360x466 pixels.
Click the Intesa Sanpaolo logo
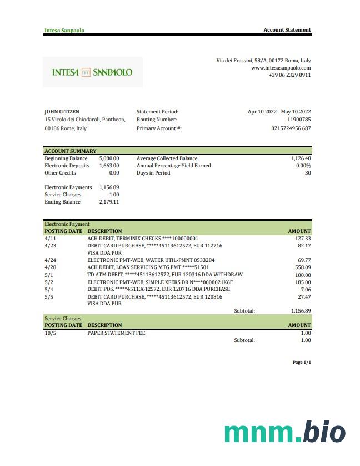tap(92, 72)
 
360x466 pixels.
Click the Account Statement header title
tap(287, 30)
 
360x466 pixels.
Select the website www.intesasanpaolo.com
tap(281, 68)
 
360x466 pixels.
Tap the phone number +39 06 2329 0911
tap(289, 75)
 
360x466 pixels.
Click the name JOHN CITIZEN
tap(62, 112)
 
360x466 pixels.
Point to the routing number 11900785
tap(299, 120)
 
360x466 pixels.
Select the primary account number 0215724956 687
tap(291, 128)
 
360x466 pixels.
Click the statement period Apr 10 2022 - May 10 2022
tap(279, 112)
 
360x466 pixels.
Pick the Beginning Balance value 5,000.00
tap(109, 158)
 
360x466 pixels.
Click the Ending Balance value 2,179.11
tap(109, 202)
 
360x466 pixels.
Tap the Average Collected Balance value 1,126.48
tap(301, 158)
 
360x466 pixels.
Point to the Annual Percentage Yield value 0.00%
tap(303, 166)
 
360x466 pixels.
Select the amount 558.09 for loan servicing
tap(302, 267)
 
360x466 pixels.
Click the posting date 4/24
tap(50, 260)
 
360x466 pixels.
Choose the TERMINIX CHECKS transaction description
tap(143, 239)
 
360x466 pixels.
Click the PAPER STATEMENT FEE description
tap(116, 333)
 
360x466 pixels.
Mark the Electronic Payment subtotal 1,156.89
tap(301, 311)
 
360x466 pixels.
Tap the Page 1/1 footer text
tap(302, 363)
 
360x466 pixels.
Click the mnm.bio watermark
tap(284, 432)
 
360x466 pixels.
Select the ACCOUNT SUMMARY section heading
tap(70, 151)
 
